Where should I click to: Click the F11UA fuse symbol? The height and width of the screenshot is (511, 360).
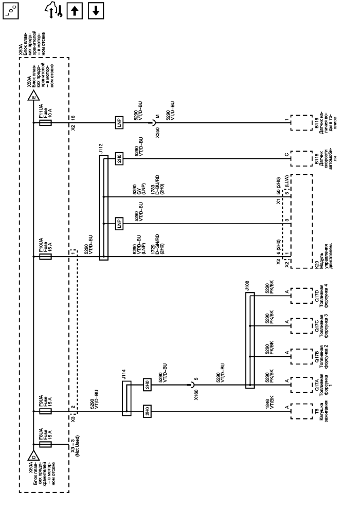coord(44,123)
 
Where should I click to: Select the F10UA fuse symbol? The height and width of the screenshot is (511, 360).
coord(44,257)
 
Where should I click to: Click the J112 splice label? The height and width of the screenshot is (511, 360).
coord(102,150)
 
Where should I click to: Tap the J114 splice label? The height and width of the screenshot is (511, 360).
coord(124,377)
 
